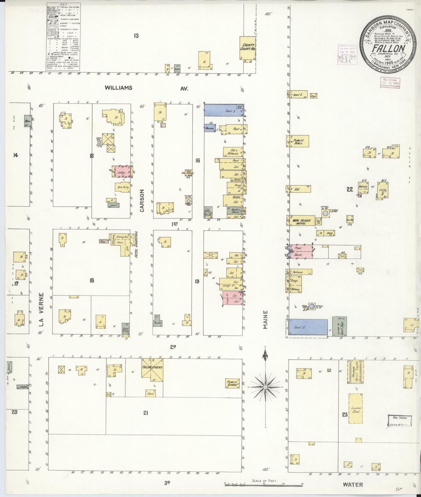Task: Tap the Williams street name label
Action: (119, 88)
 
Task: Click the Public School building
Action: (233, 384)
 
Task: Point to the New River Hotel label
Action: (301, 222)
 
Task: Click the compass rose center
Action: (265, 387)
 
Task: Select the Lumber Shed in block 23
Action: (356, 409)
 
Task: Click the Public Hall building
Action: (298, 141)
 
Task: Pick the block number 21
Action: (146, 413)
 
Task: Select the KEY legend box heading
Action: (64, 5)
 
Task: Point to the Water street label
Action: (353, 484)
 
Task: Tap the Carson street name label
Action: (142, 200)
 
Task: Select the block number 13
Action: (136, 36)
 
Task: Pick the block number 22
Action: (350, 189)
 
